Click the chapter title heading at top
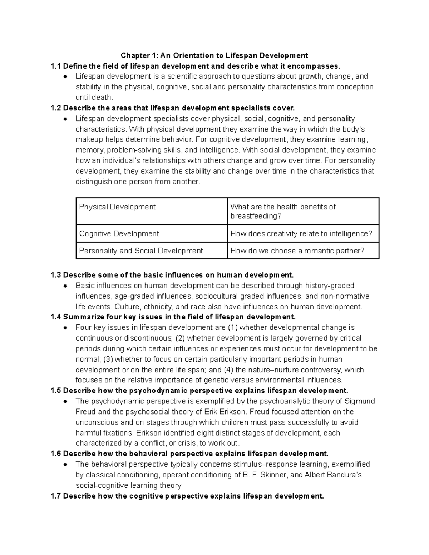click(x=214, y=55)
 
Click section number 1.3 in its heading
click(x=56, y=275)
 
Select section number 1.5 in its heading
click(x=56, y=391)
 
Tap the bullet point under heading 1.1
click(x=65, y=76)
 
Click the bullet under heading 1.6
click(x=65, y=465)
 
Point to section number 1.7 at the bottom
click(x=56, y=496)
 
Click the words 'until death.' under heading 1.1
click(x=94, y=98)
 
